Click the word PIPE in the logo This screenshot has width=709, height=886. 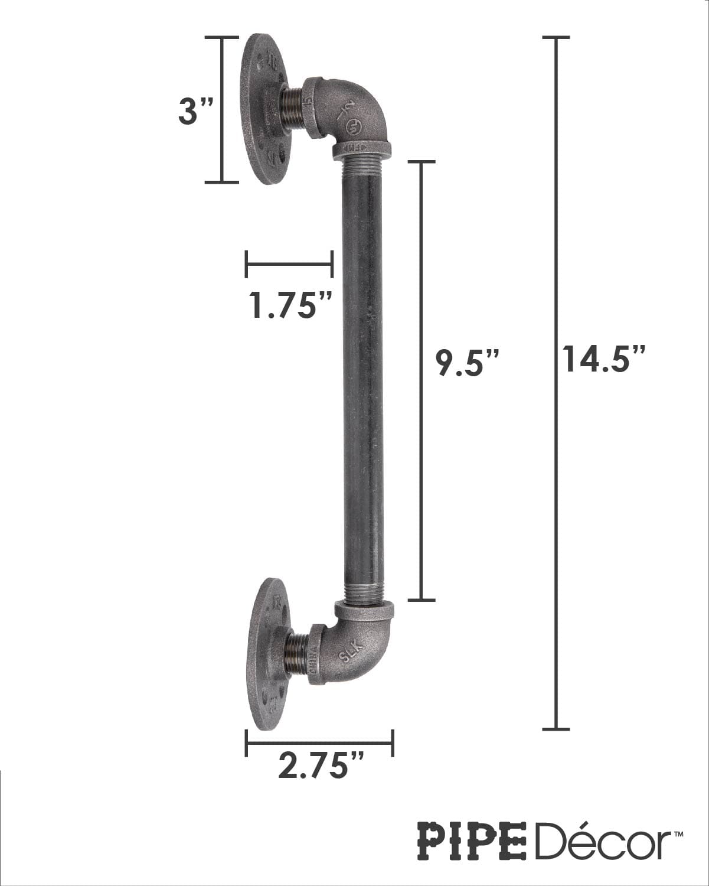pos(472,841)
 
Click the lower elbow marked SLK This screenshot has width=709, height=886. pos(354,647)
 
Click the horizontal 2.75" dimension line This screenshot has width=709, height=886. pos(319,742)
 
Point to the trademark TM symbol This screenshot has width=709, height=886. pos(679,833)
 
